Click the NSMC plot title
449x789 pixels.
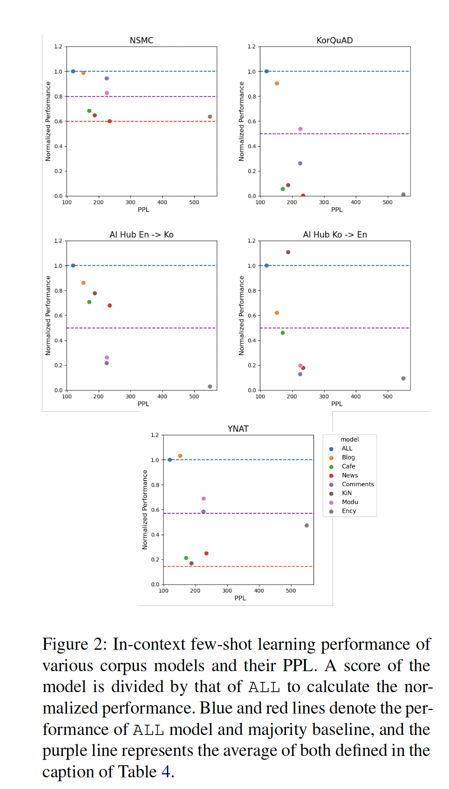pos(141,41)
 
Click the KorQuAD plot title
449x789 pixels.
pos(334,41)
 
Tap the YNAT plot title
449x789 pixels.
pos(238,429)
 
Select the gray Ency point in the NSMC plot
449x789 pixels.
pos(210,117)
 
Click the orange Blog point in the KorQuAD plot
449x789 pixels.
pos(277,83)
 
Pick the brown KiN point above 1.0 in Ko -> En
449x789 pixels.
pos(288,252)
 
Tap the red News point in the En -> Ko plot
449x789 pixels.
pos(110,306)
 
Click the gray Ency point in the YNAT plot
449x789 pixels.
pos(306,525)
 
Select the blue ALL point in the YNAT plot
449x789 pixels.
pos(170,460)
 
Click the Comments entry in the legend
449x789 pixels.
pos(357,484)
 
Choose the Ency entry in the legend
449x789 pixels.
pos(348,511)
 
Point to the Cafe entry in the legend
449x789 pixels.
pos(348,466)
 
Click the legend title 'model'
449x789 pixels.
pos(349,440)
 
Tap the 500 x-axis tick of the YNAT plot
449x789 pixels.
pos(291,591)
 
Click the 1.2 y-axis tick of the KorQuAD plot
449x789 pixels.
pos(252,47)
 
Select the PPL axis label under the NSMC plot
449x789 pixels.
pos(143,210)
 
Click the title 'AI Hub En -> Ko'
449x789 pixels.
pos(141,235)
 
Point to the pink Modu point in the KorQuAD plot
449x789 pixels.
pos(300,129)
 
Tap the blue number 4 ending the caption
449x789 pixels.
pos(166,772)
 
